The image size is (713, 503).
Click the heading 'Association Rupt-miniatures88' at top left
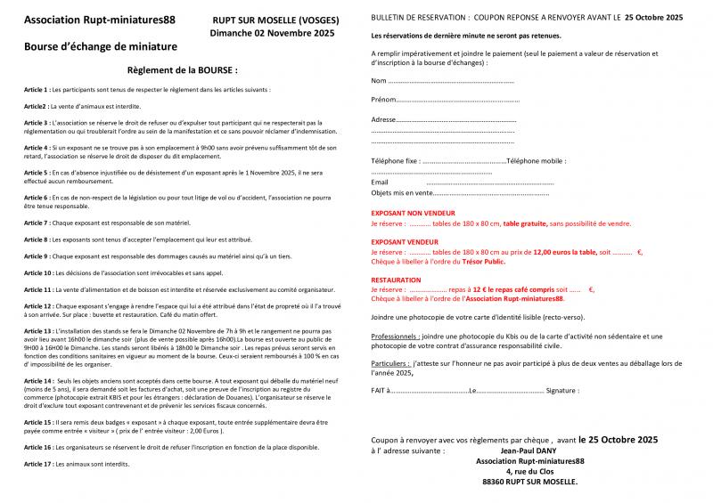click(99, 19)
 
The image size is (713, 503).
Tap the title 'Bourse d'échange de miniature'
click(101, 45)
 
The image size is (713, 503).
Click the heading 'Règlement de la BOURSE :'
click(183, 69)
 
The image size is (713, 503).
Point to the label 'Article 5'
click(37, 172)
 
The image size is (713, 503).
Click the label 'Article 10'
click(38, 272)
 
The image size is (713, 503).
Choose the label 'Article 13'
click(38, 330)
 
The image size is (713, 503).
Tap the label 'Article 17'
click(38, 464)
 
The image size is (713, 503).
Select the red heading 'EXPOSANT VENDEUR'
click(405, 242)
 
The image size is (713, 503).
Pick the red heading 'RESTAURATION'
click(396, 280)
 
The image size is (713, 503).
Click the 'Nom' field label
click(379, 82)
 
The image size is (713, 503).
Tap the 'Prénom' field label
click(382, 100)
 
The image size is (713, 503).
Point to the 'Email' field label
click(380, 183)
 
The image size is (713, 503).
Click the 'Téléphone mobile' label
click(536, 161)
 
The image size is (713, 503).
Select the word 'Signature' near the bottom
click(562, 390)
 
